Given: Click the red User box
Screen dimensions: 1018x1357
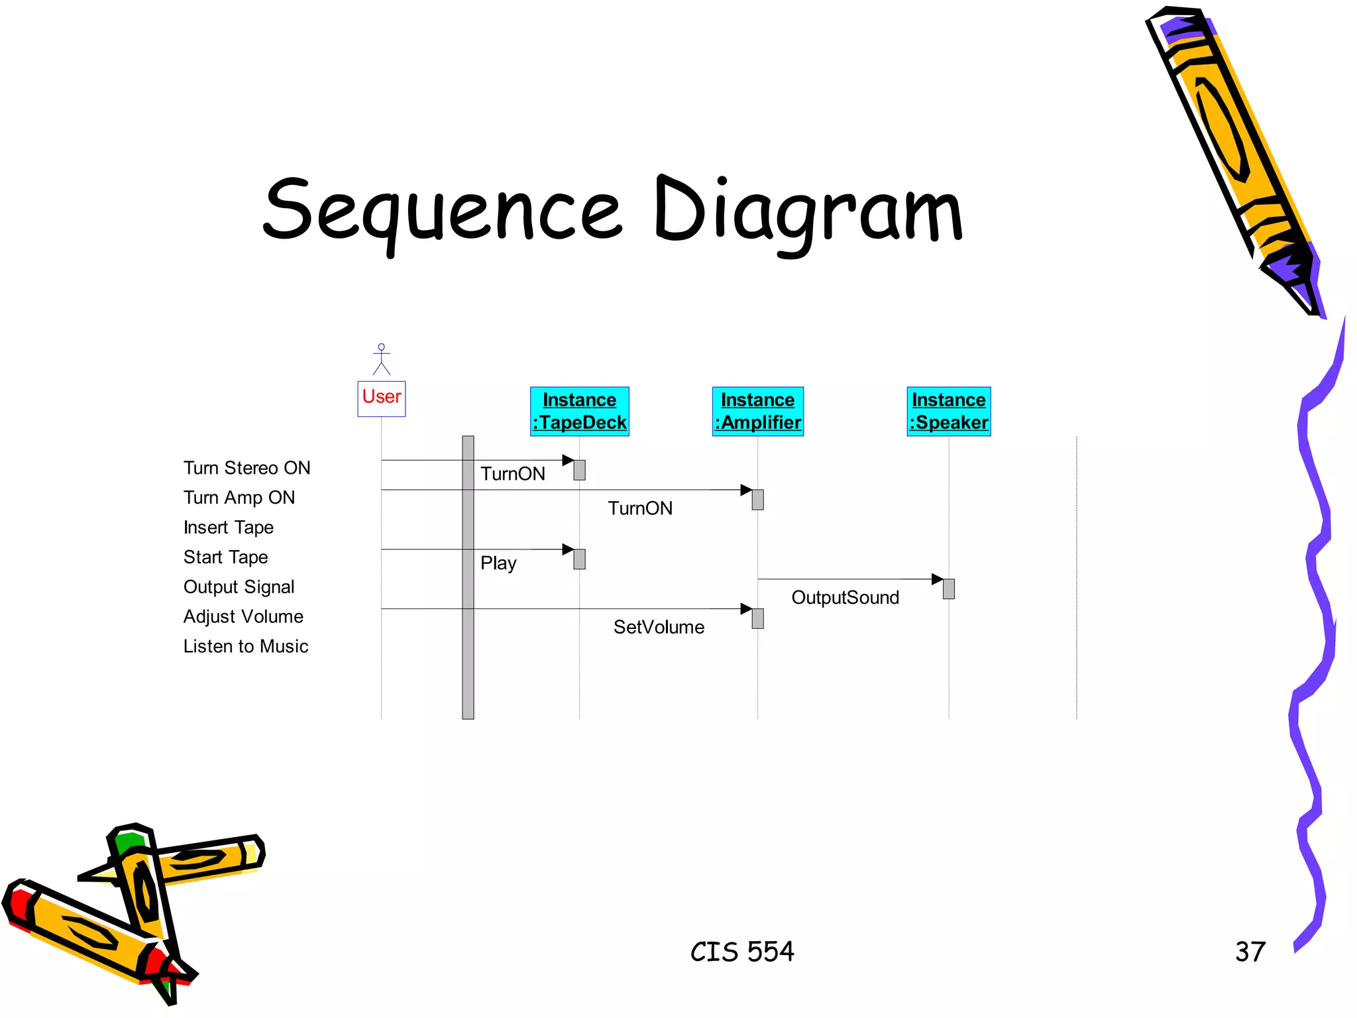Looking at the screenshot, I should click(381, 398).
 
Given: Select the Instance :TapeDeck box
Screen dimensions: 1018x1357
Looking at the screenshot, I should click(579, 412).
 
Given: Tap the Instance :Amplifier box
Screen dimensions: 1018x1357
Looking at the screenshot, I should click(757, 412).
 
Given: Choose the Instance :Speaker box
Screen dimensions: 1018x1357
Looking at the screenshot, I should click(948, 412).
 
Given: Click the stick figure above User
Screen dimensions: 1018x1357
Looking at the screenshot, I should click(381, 359).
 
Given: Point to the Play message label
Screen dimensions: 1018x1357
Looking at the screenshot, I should click(498, 563).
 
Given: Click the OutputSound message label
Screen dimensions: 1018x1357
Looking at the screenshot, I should click(845, 598).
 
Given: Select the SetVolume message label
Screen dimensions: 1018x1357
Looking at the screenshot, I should click(659, 627).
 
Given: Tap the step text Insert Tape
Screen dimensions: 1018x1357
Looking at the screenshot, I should click(229, 528).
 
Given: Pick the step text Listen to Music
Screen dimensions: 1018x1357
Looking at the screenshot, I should click(246, 646).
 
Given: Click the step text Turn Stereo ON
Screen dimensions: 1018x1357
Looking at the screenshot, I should click(246, 468).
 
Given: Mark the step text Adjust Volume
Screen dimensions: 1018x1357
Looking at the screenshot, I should click(243, 616).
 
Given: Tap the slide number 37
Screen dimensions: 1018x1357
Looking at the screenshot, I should click(1250, 952).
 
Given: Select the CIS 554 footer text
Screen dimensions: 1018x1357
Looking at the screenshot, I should click(742, 952).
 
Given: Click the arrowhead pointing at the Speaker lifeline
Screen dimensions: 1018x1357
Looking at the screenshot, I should click(937, 579).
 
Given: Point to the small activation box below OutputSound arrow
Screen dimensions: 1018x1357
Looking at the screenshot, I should click(949, 589).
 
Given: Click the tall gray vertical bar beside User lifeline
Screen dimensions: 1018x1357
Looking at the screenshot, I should click(468, 577).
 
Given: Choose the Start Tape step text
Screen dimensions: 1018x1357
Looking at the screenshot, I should click(226, 557).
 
